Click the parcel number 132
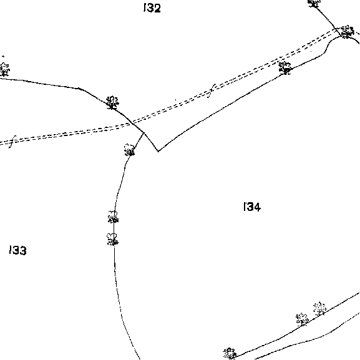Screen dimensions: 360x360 (x=152, y=8)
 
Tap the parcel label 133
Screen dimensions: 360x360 (x=18, y=250)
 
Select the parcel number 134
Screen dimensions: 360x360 (x=252, y=207)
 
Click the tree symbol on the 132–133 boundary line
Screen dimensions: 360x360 (x=112, y=102)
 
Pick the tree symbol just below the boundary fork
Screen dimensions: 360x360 (x=130, y=150)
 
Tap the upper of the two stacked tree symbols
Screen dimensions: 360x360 (x=113, y=217)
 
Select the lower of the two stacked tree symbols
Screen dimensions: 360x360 (x=112, y=239)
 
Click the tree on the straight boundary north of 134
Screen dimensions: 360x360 (x=285, y=68)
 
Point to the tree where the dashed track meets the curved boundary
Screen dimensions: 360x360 (x=347, y=32)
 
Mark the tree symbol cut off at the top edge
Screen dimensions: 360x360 (x=314, y=3)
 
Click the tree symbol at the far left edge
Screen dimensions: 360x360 (x=4, y=69)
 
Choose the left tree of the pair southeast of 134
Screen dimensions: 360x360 (x=302, y=319)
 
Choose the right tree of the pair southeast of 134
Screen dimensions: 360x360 (x=319, y=309)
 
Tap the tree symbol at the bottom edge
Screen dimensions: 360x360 (x=230, y=353)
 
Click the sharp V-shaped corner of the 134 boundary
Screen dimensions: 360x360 (x=158, y=152)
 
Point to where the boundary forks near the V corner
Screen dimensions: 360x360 (x=144, y=133)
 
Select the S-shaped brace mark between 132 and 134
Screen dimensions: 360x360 (x=212, y=90)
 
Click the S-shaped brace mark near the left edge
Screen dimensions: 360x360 (x=12, y=142)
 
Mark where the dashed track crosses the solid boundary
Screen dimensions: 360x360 (x=133, y=123)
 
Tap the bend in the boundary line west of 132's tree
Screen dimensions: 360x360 (x=79, y=89)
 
